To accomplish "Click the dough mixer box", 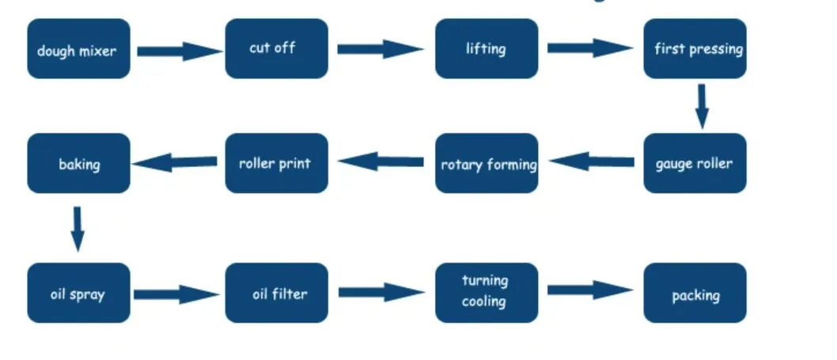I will click(78, 49).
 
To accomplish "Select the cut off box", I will click(276, 49).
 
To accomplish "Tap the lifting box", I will click(486, 49).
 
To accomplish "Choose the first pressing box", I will click(695, 49).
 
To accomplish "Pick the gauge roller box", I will click(695, 163).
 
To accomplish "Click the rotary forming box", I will click(486, 163).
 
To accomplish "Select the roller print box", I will click(276, 163).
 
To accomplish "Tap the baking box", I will click(78, 163).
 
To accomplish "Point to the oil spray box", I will click(78, 293).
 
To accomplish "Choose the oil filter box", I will click(276, 293).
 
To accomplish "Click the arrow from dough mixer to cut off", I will click(179, 51).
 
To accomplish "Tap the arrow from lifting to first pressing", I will click(589, 48).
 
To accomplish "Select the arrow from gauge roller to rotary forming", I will click(592, 162).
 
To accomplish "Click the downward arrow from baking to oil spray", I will click(77, 228).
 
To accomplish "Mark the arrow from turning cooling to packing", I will click(589, 290).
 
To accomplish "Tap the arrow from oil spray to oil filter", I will click(176, 295).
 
